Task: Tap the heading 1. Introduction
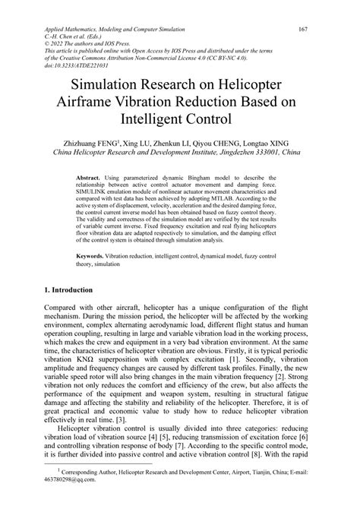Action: point(69,290)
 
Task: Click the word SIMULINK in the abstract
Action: point(92,191)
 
